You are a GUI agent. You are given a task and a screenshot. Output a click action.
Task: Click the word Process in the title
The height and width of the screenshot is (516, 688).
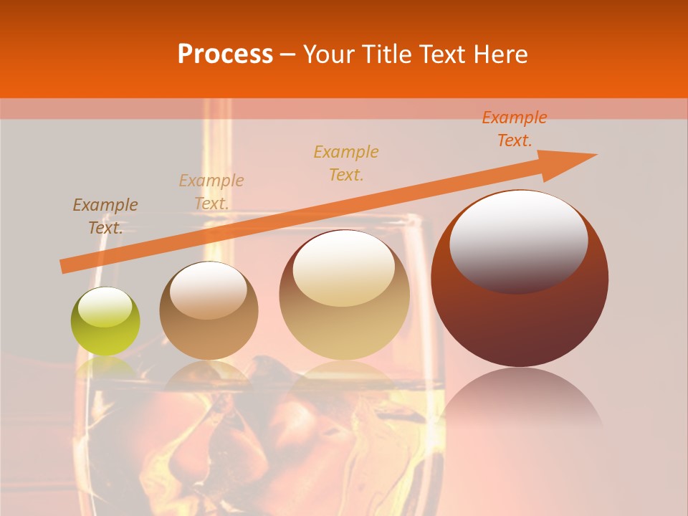pyautogui.click(x=225, y=54)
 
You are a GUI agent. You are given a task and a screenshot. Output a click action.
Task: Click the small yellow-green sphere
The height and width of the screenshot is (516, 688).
pyautogui.click(x=105, y=322)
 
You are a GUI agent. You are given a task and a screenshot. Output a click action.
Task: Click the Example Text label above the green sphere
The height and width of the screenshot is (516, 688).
pyautogui.click(x=105, y=216)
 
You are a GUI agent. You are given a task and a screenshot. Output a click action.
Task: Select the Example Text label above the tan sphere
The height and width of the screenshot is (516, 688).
pyautogui.click(x=211, y=192)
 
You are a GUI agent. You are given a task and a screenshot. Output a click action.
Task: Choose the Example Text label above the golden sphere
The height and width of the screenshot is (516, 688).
pyautogui.click(x=346, y=163)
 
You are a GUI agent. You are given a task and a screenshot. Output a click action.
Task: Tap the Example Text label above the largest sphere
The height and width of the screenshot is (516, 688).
pyautogui.click(x=515, y=129)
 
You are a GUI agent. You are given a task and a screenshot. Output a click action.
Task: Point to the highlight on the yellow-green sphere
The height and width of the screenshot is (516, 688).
pyautogui.click(x=105, y=307)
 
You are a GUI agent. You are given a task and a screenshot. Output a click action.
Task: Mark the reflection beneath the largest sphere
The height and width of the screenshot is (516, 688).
pyautogui.click(x=520, y=401)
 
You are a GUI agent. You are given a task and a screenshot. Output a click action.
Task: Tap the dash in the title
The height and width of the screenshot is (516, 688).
pyautogui.click(x=288, y=54)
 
